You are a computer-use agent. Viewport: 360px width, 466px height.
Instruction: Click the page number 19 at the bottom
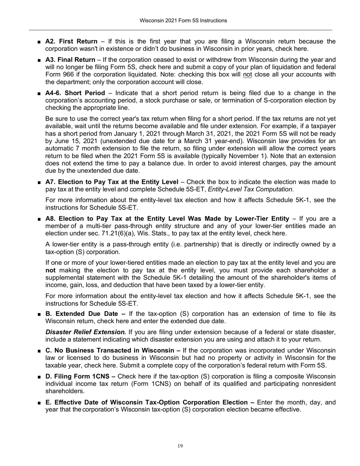tap(180, 446)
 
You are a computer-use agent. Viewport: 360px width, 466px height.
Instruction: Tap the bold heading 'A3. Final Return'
tap(70, 59)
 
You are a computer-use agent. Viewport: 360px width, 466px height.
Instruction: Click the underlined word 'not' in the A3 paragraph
tap(247, 74)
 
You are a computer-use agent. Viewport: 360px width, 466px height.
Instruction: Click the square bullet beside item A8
tap(39, 219)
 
